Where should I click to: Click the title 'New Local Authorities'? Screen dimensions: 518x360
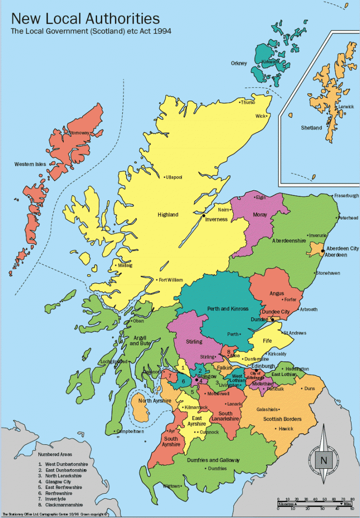coord(85,19)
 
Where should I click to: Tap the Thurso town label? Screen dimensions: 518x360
coord(248,102)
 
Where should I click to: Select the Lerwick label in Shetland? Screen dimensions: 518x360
coord(346,107)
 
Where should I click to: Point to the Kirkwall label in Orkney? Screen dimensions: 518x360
coord(270,61)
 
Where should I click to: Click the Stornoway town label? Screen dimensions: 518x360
coord(79,133)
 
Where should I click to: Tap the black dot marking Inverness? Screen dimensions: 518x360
coord(204,215)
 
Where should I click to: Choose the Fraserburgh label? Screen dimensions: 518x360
coord(346,195)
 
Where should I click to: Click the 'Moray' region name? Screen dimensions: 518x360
coord(260,215)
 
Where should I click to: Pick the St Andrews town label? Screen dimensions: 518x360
coord(295,333)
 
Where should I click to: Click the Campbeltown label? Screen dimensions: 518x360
coord(131,431)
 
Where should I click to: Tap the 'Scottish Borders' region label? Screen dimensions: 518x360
coord(282,419)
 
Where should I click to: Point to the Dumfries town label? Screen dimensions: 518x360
coord(217,468)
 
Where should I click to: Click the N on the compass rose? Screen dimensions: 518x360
coord(323,461)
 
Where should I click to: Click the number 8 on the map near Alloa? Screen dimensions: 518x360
coord(229,351)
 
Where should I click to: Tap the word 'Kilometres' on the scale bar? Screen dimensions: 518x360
coord(287,504)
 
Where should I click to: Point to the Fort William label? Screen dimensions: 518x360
coord(171,280)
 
